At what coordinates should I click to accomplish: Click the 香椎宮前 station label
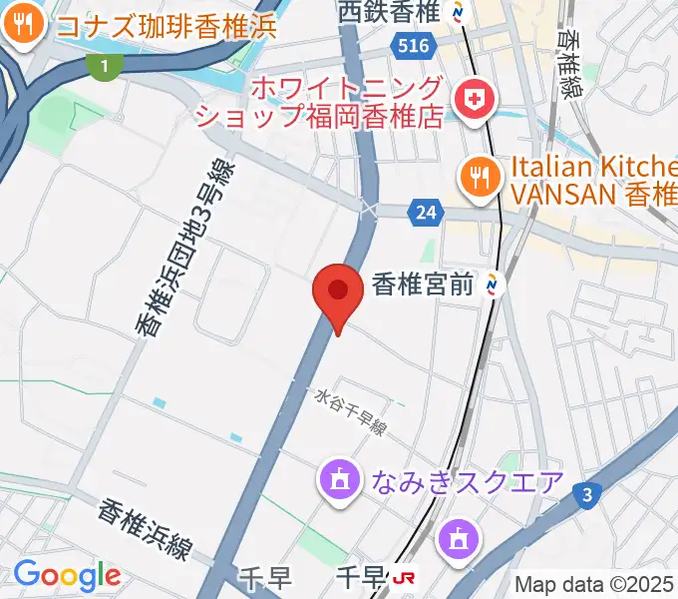(x=421, y=286)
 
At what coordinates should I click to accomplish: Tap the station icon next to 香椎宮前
(x=493, y=286)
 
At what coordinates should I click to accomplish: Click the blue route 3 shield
(x=589, y=493)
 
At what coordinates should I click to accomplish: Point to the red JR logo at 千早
(x=404, y=577)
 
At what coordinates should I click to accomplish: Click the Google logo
(x=67, y=575)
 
